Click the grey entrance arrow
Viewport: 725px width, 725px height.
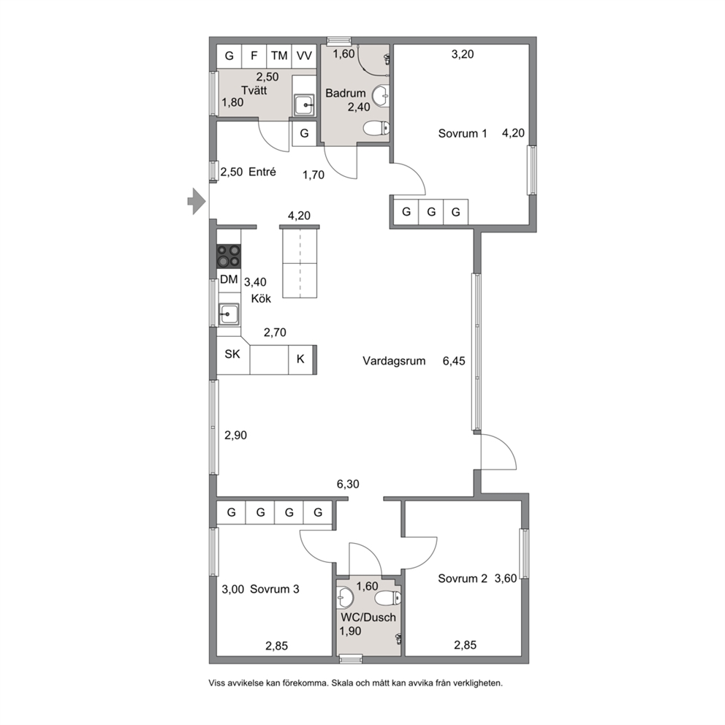click(197, 201)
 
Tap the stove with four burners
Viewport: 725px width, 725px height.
click(229, 257)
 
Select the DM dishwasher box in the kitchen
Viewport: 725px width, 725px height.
click(229, 280)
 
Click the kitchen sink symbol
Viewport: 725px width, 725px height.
click(229, 314)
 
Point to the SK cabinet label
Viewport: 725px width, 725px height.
click(232, 354)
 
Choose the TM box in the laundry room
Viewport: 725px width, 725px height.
click(279, 56)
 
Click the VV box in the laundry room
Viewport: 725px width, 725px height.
click(304, 56)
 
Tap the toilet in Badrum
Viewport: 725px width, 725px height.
click(376, 128)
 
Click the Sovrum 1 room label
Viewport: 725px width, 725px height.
click(463, 134)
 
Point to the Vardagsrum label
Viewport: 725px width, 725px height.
click(394, 360)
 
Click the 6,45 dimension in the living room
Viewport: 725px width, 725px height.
click(454, 360)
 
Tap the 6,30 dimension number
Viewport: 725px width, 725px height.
click(348, 484)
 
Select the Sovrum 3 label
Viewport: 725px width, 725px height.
click(275, 589)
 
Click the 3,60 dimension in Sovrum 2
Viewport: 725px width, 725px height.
click(506, 578)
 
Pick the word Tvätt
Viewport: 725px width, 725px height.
click(254, 90)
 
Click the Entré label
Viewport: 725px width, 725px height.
click(262, 172)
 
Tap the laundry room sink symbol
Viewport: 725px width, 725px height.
click(304, 105)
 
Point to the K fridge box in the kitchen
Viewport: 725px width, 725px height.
click(300, 359)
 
